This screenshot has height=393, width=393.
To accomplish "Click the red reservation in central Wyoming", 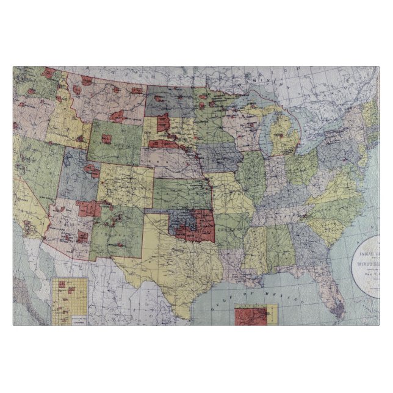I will pyautogui.click(x=107, y=139).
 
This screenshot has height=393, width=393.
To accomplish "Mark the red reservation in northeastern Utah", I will pyautogui.click(x=91, y=171).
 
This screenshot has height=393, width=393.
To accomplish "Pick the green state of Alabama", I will pyautogui.click(x=278, y=247).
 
